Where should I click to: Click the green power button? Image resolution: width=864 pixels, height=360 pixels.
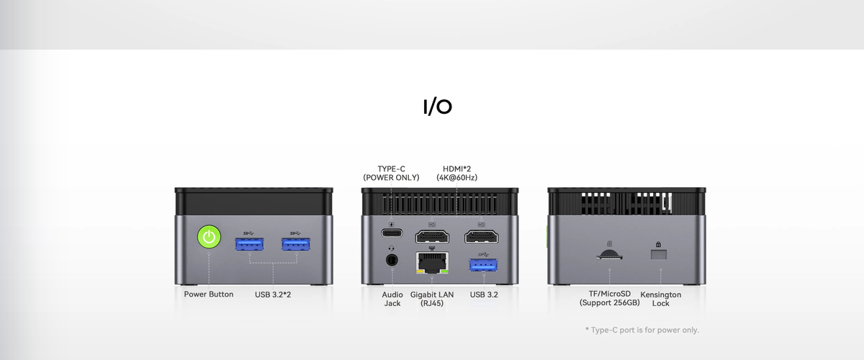click(209, 237)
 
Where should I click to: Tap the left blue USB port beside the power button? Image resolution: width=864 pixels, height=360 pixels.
click(250, 244)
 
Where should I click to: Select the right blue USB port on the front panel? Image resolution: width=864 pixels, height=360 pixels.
click(296, 244)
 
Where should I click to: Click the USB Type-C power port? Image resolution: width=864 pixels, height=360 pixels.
click(392, 233)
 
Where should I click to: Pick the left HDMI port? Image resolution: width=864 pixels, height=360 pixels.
click(432, 237)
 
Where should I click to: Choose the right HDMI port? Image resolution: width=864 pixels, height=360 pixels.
click(482, 237)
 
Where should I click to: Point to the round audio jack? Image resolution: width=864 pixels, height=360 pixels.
click(392, 260)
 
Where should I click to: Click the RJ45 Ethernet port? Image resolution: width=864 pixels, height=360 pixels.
click(433, 262)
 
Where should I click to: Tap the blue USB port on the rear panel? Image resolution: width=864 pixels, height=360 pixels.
click(483, 265)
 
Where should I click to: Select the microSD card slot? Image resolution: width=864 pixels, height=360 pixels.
click(609, 256)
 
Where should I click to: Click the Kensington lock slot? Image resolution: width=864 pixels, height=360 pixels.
click(658, 254)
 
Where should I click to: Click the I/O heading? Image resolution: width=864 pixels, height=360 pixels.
click(438, 107)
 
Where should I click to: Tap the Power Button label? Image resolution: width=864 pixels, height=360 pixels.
click(209, 294)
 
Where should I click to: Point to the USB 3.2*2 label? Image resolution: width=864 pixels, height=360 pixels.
click(273, 294)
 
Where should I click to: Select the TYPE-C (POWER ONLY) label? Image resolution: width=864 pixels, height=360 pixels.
click(391, 174)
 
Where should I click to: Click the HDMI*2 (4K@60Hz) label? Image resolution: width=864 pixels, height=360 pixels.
click(456, 174)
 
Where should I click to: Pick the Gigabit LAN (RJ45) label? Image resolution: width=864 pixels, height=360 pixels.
click(432, 299)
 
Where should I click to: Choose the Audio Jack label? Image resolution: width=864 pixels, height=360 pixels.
click(392, 299)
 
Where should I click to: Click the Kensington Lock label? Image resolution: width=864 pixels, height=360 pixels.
click(661, 299)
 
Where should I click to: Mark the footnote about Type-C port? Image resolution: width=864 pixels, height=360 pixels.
click(642, 330)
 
